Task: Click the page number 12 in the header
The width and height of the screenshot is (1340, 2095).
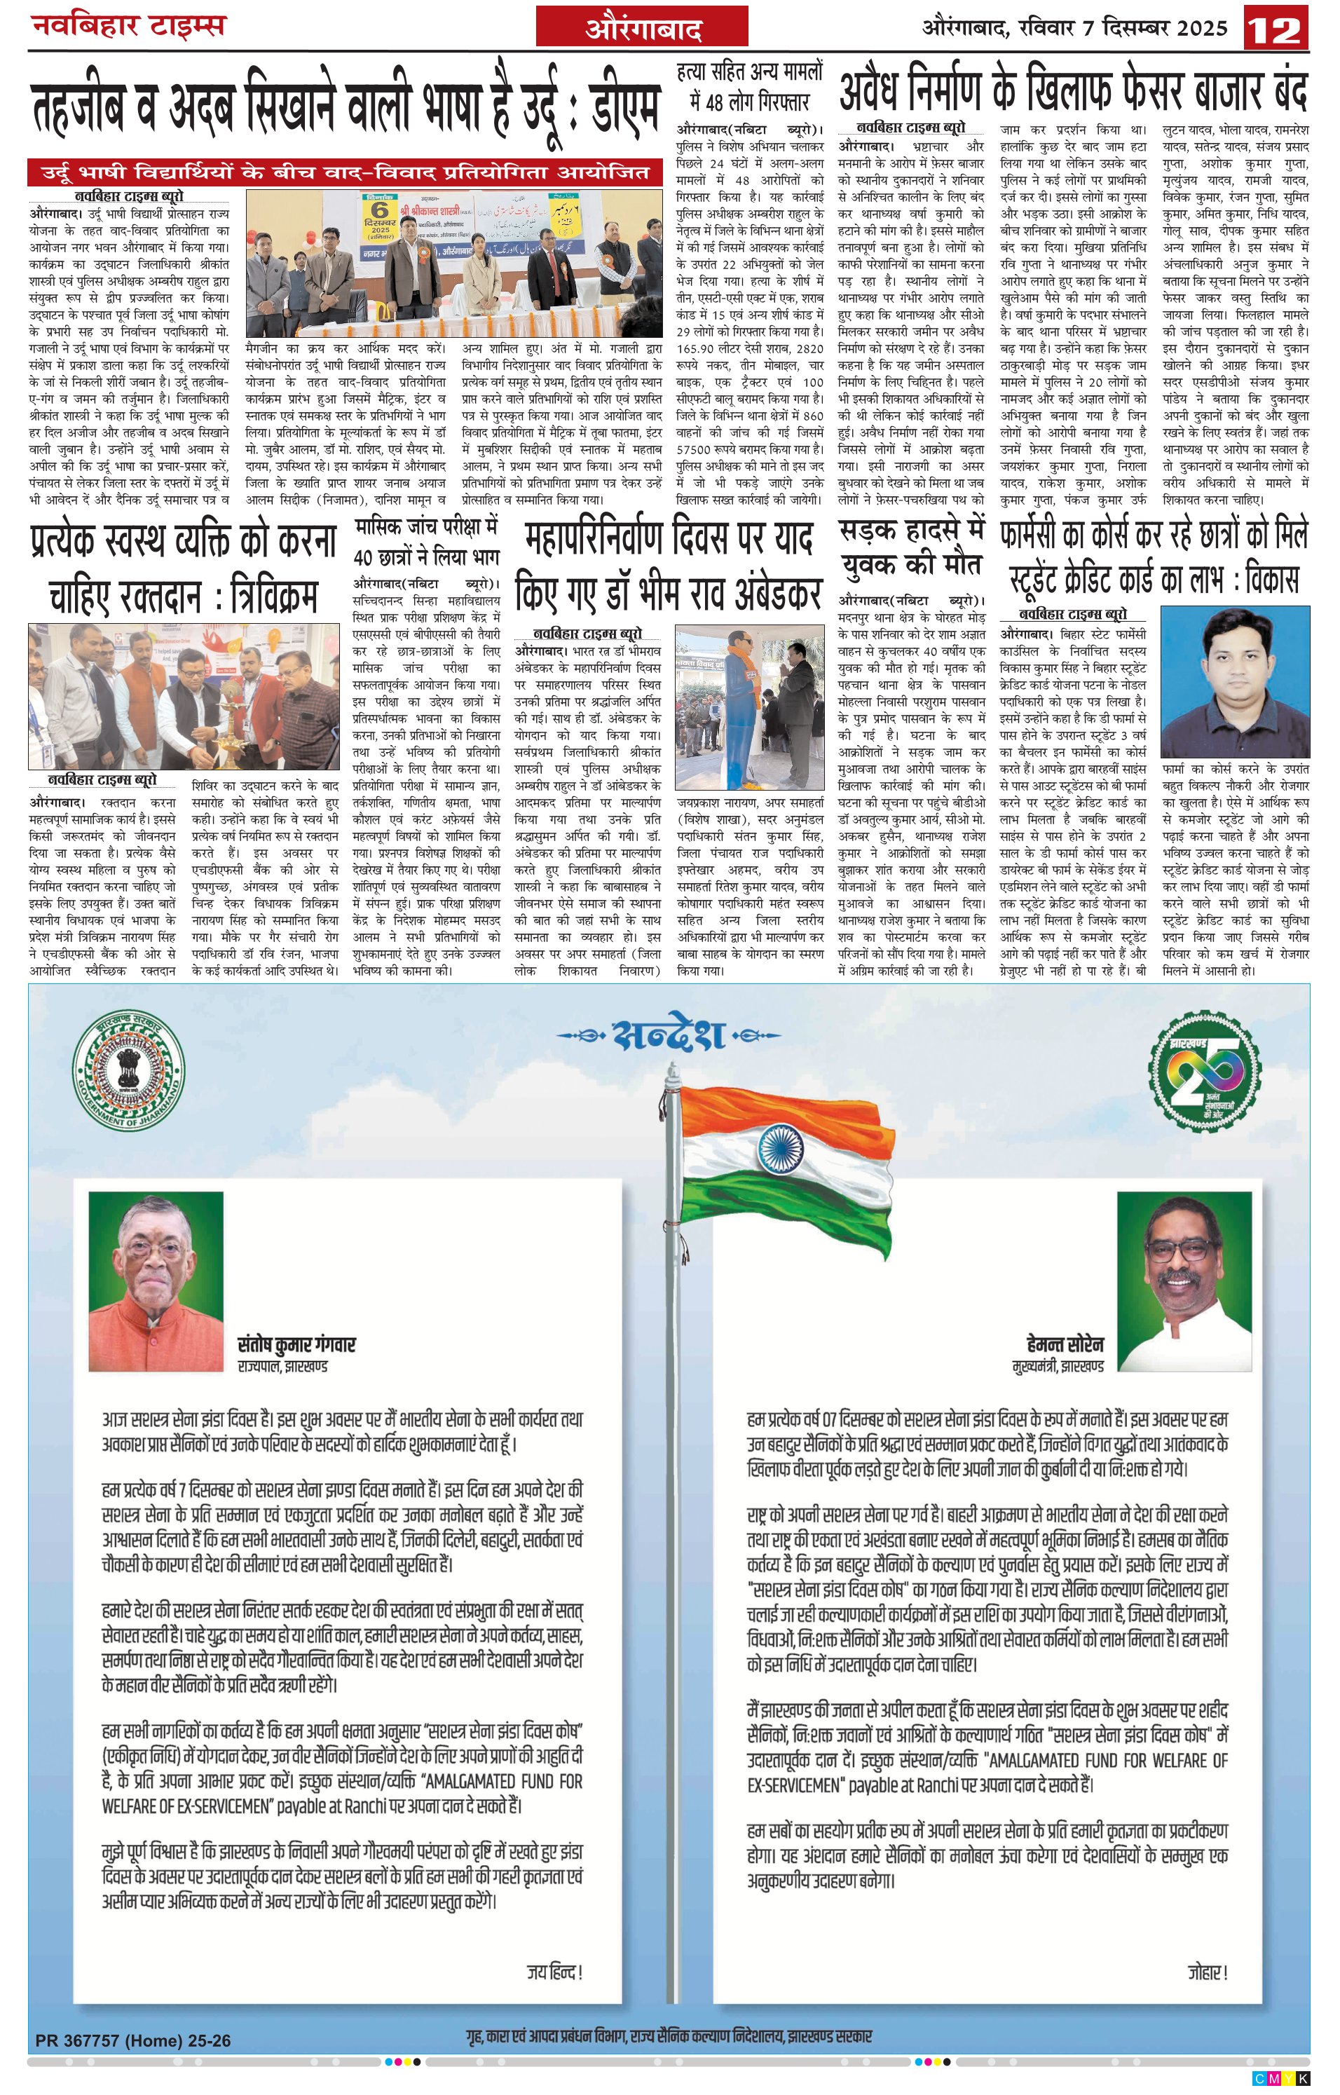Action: pos(1276,29)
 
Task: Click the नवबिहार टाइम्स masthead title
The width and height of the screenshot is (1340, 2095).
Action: pos(129,26)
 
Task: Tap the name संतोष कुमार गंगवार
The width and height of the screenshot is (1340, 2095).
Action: pos(296,1344)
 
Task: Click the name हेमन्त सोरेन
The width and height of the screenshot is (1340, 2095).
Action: pos(1064,1344)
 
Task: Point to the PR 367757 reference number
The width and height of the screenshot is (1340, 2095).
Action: pos(133,2040)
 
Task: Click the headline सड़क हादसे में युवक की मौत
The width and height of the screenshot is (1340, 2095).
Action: pos(910,547)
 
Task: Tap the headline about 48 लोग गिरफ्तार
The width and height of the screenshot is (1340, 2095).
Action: pos(749,87)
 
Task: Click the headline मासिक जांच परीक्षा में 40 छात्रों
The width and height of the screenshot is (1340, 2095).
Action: pos(426,541)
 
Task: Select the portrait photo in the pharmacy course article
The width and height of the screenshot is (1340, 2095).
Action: pos(1235,682)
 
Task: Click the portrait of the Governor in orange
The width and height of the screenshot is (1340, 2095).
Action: pos(156,1281)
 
